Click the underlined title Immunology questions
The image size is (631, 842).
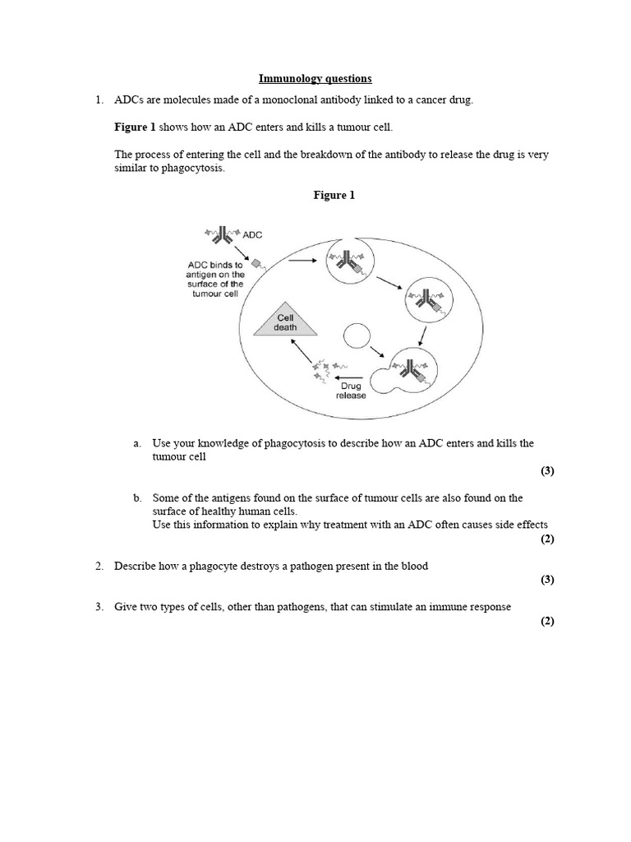point(315,79)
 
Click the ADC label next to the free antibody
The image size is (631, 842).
point(252,234)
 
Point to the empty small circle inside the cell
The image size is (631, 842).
point(357,335)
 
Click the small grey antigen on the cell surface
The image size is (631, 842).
point(256,264)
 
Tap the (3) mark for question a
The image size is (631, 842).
point(547,471)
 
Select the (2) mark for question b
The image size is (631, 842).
point(547,539)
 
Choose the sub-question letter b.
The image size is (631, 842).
point(137,498)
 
